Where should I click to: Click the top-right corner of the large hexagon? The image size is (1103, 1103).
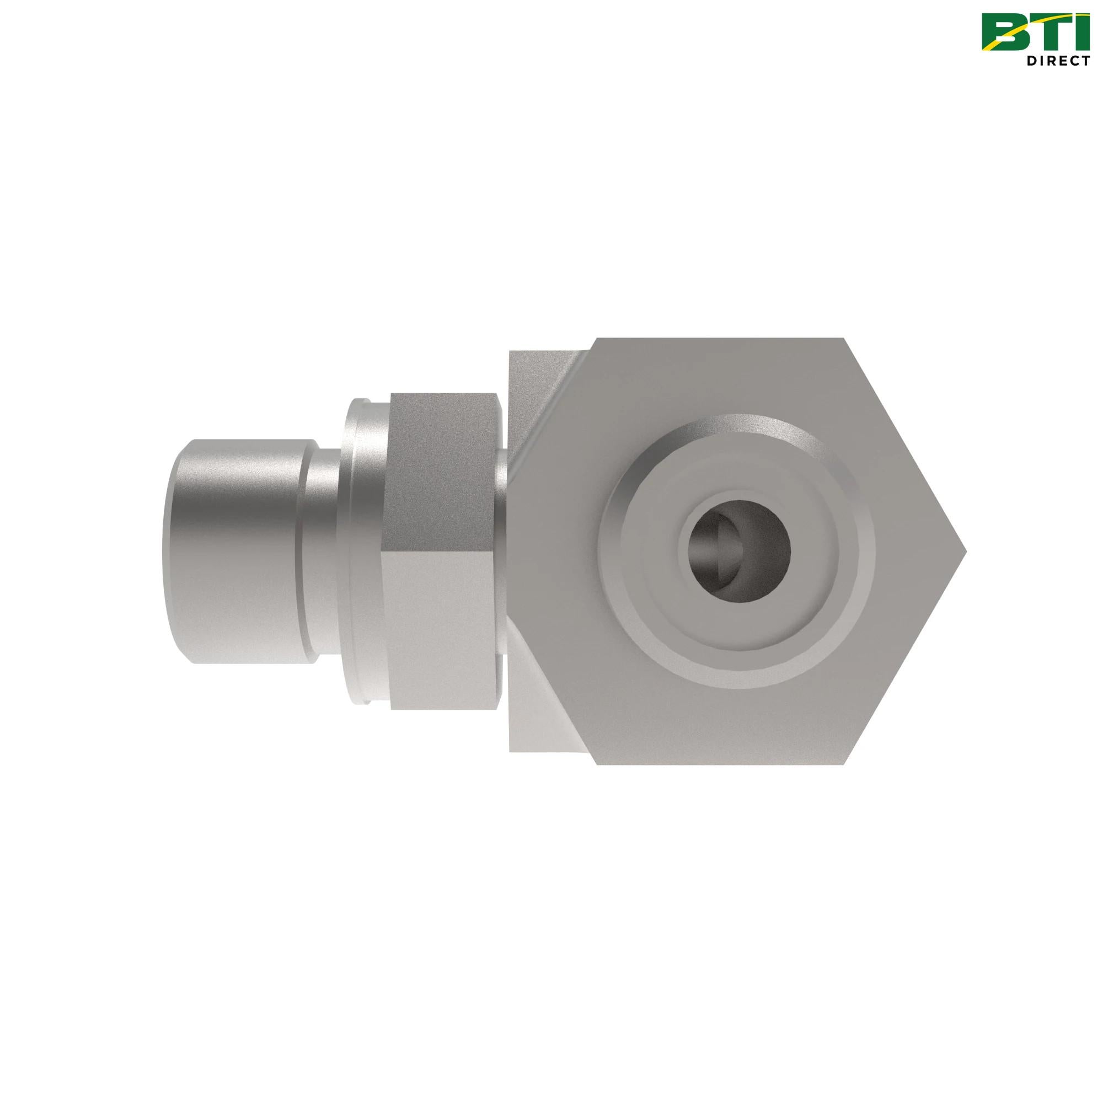844,339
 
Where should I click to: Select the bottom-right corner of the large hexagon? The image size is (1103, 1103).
844,764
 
